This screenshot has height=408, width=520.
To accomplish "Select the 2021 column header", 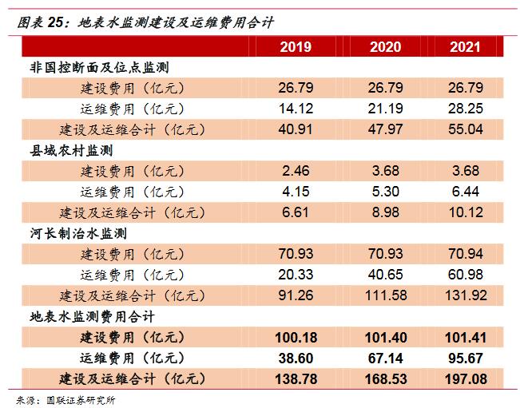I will pyautogui.click(x=465, y=46).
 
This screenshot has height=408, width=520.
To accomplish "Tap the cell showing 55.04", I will pyautogui.click(x=465, y=129).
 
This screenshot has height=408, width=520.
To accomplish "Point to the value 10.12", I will pyautogui.click(x=465, y=212).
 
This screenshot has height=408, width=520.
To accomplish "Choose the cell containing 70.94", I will pyautogui.click(x=465, y=254).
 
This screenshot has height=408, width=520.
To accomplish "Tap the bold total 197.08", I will pyautogui.click(x=465, y=378).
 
